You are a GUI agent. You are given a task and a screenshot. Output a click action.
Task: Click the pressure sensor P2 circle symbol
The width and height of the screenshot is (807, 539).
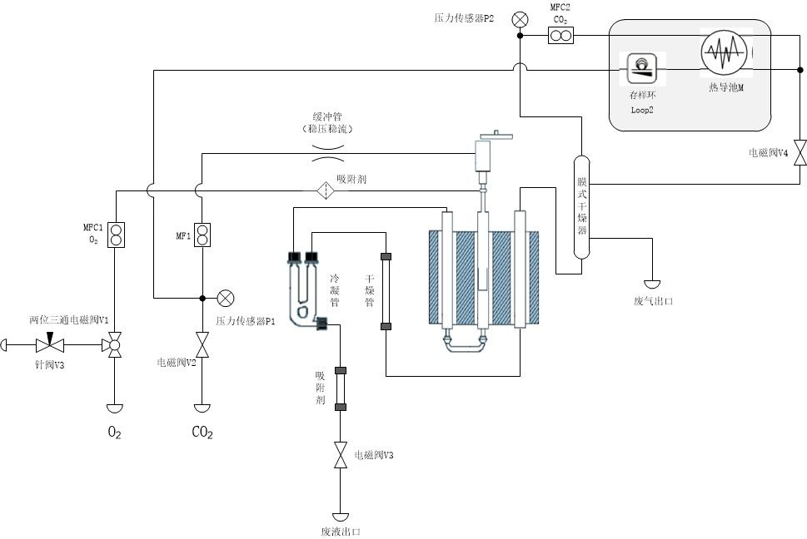(521, 19)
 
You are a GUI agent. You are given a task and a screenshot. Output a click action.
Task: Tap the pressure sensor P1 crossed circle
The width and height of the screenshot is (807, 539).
(226, 298)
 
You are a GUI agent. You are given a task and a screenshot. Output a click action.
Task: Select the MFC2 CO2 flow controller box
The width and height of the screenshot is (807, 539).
(560, 36)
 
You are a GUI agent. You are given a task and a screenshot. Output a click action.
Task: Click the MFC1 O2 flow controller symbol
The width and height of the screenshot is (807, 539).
(117, 235)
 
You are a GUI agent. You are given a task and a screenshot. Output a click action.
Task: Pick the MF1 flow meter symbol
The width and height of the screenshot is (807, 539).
(202, 235)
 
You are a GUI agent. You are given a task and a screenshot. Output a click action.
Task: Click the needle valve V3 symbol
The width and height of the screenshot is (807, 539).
(50, 344)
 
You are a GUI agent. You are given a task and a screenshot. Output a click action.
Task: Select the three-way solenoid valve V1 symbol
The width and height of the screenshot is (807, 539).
(114, 344)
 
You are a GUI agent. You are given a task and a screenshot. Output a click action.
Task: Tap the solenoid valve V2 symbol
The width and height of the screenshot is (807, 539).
(202, 344)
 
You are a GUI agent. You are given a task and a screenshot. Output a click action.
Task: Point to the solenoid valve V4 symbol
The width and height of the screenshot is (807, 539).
(800, 152)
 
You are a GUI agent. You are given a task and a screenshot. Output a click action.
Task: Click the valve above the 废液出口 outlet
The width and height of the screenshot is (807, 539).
(340, 455)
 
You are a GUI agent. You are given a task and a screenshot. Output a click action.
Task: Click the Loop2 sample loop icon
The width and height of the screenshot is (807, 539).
(642, 69)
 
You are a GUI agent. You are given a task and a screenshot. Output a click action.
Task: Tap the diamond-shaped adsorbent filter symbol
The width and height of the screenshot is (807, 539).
(326, 191)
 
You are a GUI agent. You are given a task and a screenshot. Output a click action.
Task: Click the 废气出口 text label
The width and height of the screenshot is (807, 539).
(653, 302)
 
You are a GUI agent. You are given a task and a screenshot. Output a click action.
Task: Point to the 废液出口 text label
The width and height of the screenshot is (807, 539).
(340, 532)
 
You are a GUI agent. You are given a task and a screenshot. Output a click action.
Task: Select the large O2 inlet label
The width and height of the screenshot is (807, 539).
(114, 433)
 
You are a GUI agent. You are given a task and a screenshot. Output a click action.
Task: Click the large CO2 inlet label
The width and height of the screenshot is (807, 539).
(202, 433)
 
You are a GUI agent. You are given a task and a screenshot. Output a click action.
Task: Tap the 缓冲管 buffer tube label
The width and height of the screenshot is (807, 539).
(327, 117)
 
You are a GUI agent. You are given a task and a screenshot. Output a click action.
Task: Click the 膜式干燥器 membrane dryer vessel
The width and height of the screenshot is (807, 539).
(582, 207)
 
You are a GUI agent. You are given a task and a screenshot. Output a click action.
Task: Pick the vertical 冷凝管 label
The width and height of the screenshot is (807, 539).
(335, 291)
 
